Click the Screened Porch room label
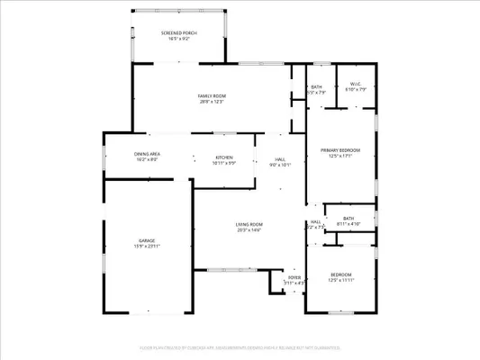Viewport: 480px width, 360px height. pyautogui.click(x=179, y=32)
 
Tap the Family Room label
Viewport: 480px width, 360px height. pyautogui.click(x=212, y=95)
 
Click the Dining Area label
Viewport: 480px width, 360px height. pyautogui.click(x=147, y=154)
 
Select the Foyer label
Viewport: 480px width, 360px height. pyautogui.click(x=294, y=277)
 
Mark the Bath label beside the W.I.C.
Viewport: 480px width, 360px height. pyautogui.click(x=317, y=86)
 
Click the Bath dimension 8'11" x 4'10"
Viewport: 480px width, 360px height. pyautogui.click(x=348, y=223)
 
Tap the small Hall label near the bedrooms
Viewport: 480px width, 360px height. pyautogui.click(x=315, y=221)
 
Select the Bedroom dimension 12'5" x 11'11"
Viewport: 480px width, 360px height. pyautogui.click(x=340, y=280)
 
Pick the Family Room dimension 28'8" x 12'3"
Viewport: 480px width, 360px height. pyautogui.click(x=212, y=102)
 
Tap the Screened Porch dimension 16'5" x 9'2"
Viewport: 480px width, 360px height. pyautogui.click(x=179, y=39)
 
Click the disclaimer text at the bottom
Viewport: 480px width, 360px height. pyautogui.click(x=240, y=346)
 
